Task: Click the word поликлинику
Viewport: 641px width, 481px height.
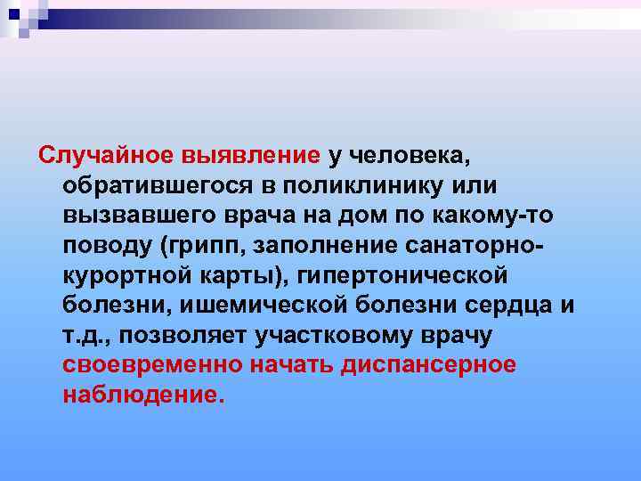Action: (373, 187)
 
